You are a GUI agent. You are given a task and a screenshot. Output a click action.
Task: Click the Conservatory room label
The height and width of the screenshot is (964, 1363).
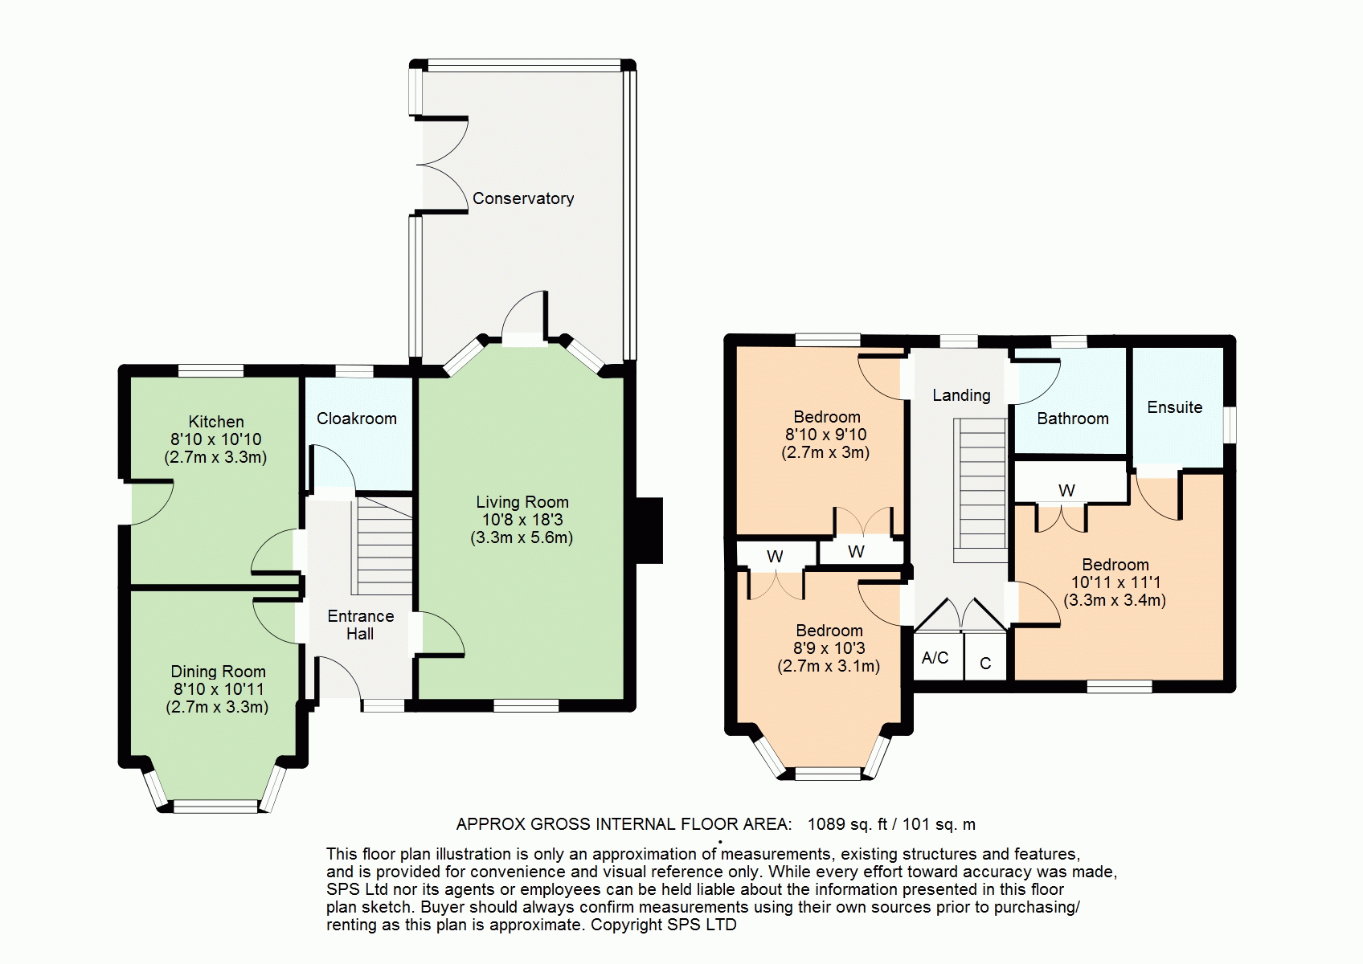point(523,198)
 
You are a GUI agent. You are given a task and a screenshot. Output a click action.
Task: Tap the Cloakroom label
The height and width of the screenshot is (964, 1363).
point(357,419)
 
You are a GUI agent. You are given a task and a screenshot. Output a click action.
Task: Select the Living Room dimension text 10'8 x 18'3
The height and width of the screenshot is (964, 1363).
point(522,520)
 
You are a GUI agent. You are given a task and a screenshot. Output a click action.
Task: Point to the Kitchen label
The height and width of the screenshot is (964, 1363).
point(216,422)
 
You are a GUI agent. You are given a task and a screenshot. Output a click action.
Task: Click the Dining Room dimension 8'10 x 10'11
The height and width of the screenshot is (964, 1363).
point(218,689)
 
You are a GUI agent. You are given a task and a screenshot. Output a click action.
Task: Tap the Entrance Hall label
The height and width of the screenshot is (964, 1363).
point(360,625)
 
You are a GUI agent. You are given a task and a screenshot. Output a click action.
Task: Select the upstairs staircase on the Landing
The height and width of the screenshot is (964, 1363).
point(980,490)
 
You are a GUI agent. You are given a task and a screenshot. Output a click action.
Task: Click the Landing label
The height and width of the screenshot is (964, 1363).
point(961,395)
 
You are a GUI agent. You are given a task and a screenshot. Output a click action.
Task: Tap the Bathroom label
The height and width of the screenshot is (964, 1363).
point(1073,419)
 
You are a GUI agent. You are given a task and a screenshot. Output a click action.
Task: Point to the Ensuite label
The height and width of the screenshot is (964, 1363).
point(1174,406)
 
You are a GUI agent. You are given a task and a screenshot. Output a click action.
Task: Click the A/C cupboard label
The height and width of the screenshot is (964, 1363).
point(935,657)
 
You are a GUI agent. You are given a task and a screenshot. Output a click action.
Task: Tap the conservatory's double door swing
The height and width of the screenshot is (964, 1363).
point(443,165)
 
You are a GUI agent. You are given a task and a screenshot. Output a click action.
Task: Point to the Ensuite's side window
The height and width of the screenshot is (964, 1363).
point(1230,424)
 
